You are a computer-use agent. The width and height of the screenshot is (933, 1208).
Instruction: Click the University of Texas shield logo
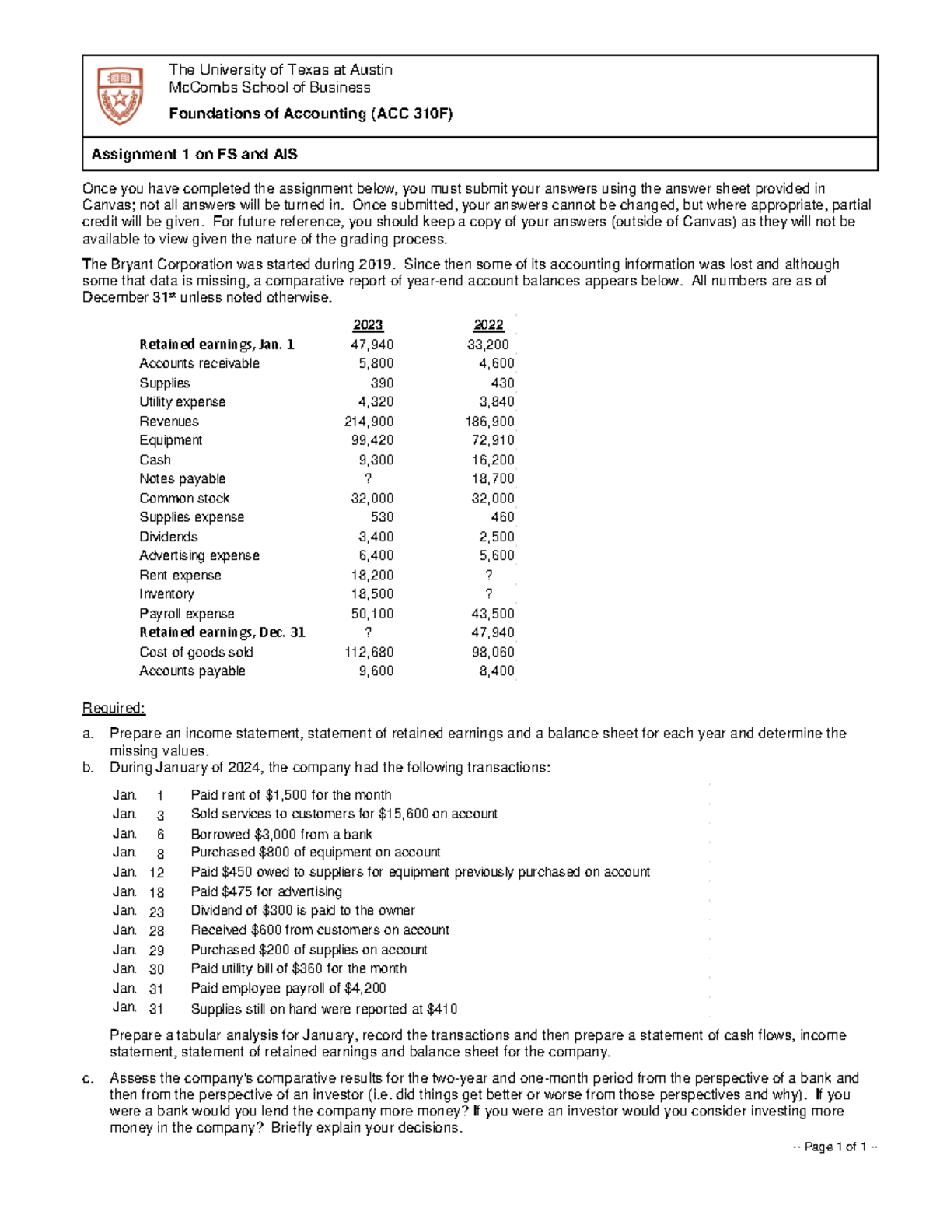click(120, 95)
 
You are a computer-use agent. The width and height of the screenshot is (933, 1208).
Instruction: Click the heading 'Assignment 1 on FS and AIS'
click(194, 154)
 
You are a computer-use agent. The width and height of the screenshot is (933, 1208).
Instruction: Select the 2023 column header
click(368, 325)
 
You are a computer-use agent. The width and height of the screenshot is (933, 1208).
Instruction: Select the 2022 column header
click(489, 325)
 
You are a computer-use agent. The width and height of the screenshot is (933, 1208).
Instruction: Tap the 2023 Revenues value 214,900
click(369, 422)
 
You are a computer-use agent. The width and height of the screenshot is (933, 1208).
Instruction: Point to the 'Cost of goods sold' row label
click(196, 652)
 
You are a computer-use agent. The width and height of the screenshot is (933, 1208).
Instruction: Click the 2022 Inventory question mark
click(489, 594)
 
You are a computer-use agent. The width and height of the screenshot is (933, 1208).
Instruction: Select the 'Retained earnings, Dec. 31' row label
click(222, 632)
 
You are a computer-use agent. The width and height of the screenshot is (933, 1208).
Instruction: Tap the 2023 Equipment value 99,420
click(372, 440)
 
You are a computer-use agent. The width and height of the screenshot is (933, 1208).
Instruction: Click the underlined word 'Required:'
click(114, 708)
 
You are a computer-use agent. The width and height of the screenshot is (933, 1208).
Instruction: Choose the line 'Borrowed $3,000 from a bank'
click(281, 834)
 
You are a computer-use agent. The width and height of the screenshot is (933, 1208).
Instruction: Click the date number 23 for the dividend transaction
click(156, 912)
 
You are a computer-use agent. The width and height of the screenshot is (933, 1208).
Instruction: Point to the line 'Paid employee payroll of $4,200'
click(288, 988)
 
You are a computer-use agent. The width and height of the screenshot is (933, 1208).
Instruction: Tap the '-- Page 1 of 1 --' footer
click(835, 1147)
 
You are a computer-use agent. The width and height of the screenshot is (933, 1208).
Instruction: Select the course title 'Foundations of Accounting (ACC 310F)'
click(310, 114)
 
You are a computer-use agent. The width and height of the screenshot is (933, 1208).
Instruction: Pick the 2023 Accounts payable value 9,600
click(376, 671)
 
